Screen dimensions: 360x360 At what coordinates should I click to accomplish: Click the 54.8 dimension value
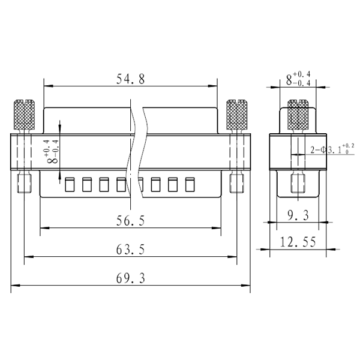tap(131, 79)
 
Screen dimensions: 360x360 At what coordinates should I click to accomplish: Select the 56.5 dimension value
tap(131, 221)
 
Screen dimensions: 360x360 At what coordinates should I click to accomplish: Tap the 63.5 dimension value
tap(131, 250)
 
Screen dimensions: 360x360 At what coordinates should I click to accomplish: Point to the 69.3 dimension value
tap(131, 278)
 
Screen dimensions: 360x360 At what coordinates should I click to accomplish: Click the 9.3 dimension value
tap(298, 215)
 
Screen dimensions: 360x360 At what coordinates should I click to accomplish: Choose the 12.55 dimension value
tap(298, 242)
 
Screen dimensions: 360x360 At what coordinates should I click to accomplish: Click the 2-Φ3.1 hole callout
tap(332, 149)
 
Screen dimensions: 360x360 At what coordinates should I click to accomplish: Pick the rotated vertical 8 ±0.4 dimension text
tap(53, 152)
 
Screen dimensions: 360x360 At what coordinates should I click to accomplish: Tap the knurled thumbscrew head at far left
tap(25, 115)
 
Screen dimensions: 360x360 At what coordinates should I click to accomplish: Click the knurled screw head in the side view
tap(298, 115)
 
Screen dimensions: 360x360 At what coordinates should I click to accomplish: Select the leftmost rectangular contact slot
tap(70, 185)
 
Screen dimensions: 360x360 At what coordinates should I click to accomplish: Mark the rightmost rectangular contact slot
tap(190, 185)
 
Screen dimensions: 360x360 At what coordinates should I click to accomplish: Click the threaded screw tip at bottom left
tap(25, 183)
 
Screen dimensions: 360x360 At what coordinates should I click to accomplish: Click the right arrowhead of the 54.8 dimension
tap(212, 86)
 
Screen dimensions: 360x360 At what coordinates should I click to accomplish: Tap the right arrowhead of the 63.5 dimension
tap(232, 257)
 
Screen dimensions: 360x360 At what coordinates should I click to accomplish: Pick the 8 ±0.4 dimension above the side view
tap(298, 79)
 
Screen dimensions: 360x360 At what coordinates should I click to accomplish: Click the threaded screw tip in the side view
tap(298, 183)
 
